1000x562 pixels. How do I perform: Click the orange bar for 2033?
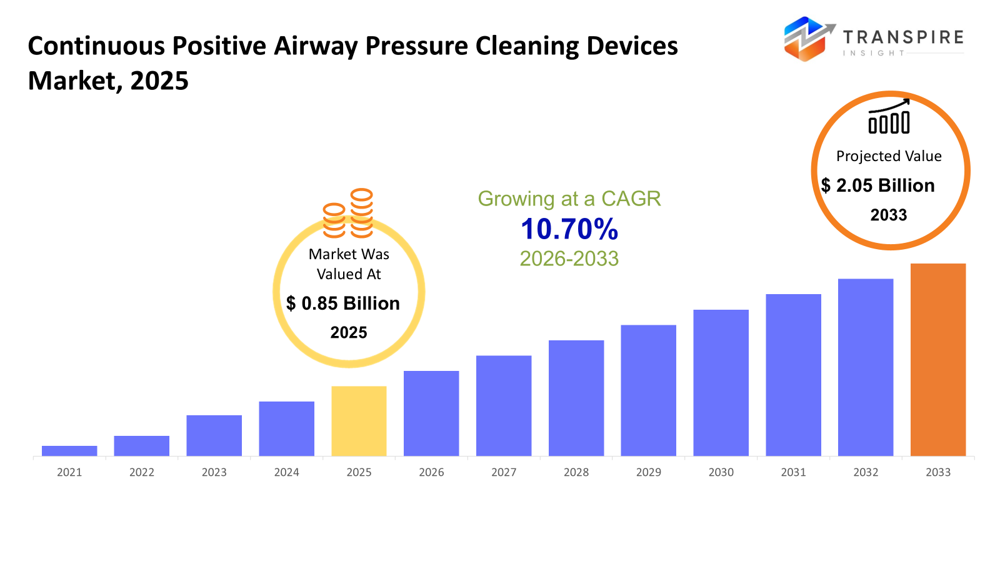pyautogui.click(x=937, y=360)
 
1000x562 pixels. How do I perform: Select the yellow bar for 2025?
pyautogui.click(x=359, y=421)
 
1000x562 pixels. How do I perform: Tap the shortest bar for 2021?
pyautogui.click(x=69, y=451)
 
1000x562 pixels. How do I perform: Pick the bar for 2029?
pyautogui.click(x=648, y=390)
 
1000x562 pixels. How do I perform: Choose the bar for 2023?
pyautogui.click(x=214, y=435)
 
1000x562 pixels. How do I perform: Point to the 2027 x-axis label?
pyautogui.click(x=504, y=472)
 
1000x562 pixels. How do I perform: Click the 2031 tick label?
pyautogui.click(x=793, y=472)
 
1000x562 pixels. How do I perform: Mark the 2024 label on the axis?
pyautogui.click(x=286, y=472)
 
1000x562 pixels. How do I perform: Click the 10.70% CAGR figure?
pyautogui.click(x=569, y=229)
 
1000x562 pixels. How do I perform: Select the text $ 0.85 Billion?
pyautogui.click(x=343, y=303)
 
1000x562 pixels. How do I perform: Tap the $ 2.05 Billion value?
pyautogui.click(x=878, y=185)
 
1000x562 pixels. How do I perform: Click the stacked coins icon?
pyautogui.click(x=348, y=214)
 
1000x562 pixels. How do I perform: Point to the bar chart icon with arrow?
pyautogui.click(x=889, y=116)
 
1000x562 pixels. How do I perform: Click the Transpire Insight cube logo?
pyautogui.click(x=807, y=39)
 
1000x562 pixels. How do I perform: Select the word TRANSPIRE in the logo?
pyautogui.click(x=903, y=37)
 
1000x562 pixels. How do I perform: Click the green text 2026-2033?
pyautogui.click(x=569, y=259)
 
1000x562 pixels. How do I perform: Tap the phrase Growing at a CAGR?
pyautogui.click(x=569, y=199)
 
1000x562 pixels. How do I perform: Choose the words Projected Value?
pyautogui.click(x=889, y=156)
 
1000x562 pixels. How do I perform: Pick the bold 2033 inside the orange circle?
pyautogui.click(x=889, y=215)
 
